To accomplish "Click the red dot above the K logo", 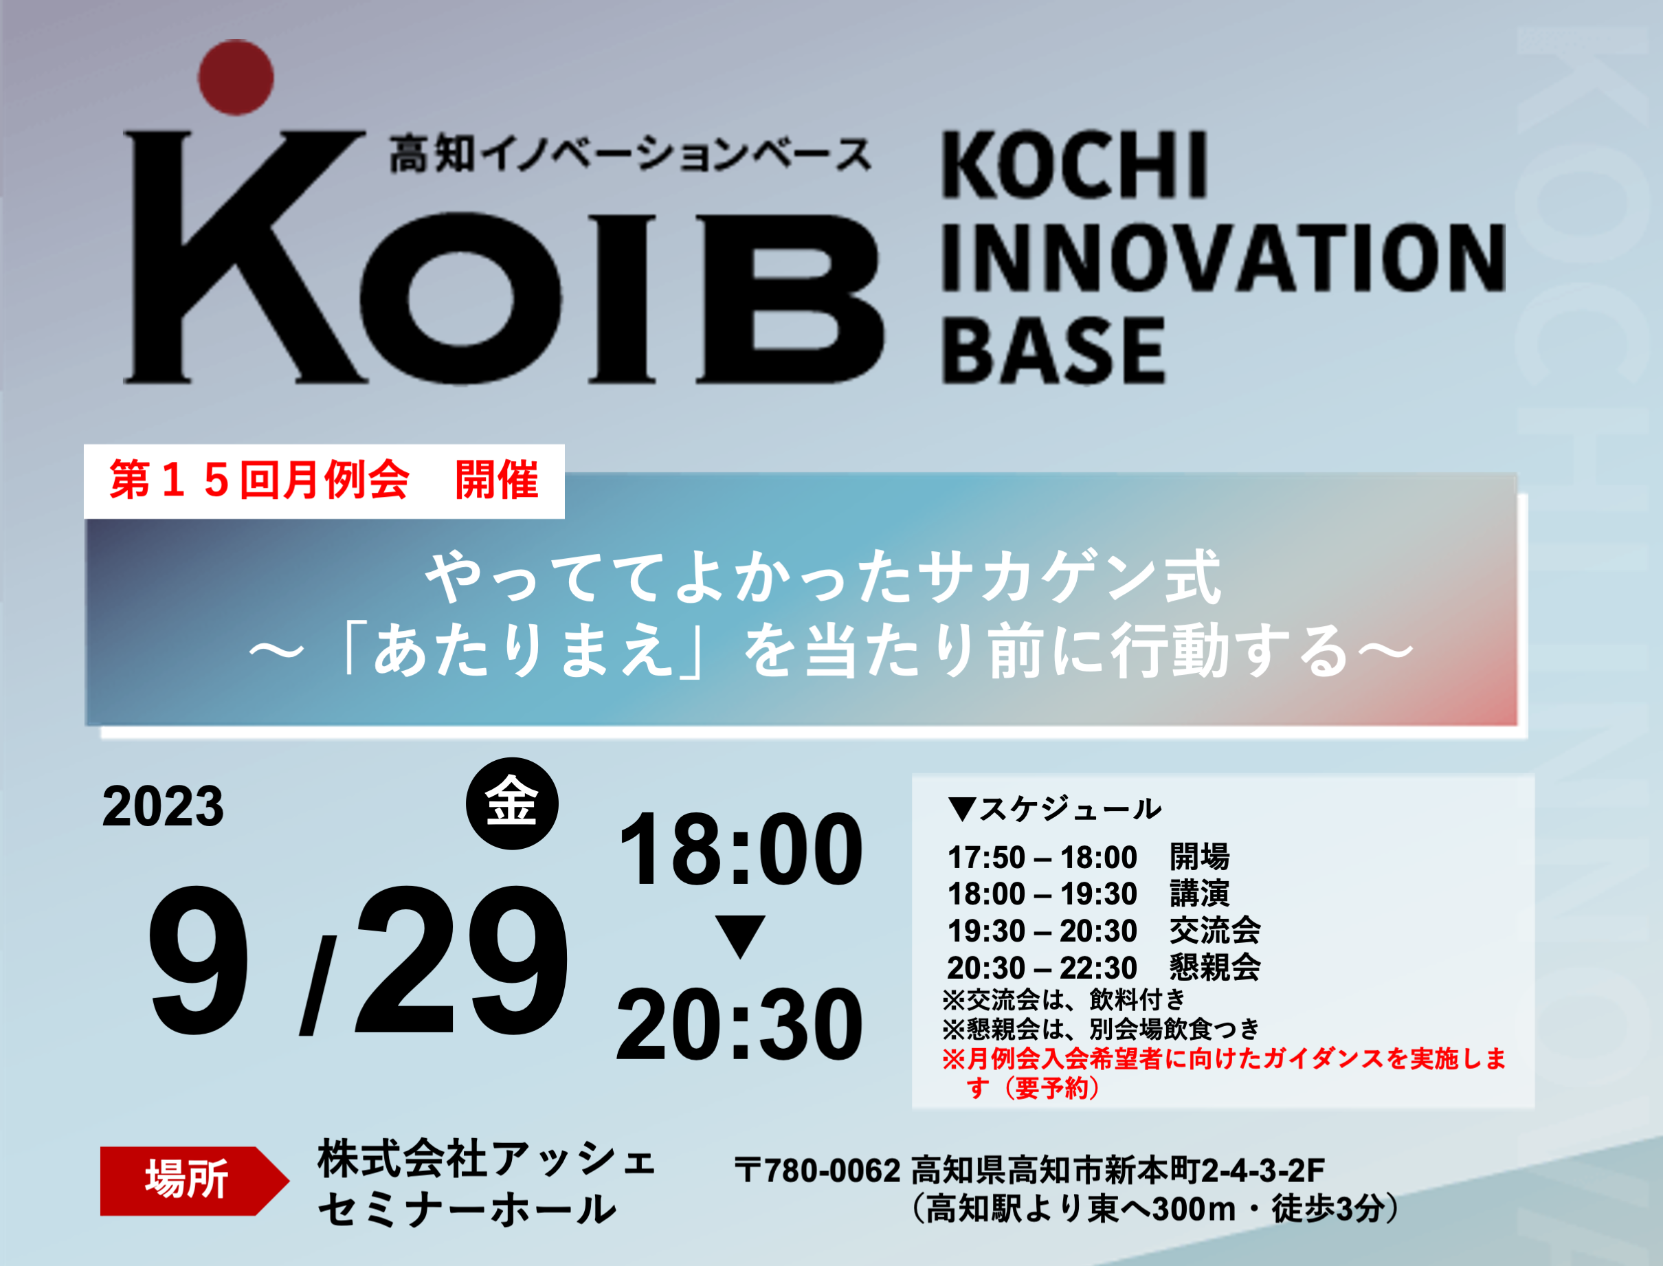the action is (236, 78).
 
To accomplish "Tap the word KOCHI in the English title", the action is (1075, 166).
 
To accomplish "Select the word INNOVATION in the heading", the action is (1224, 258).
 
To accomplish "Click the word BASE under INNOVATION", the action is (1053, 351).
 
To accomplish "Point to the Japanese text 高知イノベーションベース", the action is (631, 154).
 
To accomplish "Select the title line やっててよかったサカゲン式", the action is (823, 578).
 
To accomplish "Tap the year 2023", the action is (163, 806).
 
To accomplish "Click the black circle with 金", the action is (513, 803).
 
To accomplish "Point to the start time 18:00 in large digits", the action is (740, 849).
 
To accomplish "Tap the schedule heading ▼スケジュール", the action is (1055, 808).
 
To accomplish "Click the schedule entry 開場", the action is (1200, 857).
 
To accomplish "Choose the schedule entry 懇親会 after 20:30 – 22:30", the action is (1215, 968).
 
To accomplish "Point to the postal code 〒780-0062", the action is (818, 1170).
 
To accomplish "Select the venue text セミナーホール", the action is (467, 1210).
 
